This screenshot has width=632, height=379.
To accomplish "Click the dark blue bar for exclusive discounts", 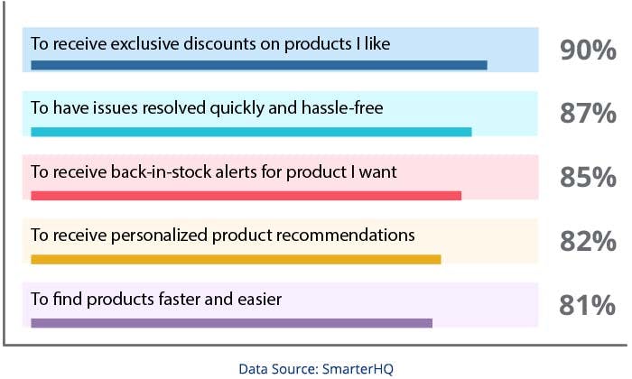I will coord(258,65).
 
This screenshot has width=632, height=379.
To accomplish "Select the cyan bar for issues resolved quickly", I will coord(251,132).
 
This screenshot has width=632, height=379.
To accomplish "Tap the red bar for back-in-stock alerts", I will coord(246,195).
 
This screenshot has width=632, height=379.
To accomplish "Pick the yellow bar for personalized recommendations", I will coord(236,259).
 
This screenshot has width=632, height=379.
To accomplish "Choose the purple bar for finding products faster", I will coord(231,323).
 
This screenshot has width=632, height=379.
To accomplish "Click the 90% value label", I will coord(587,51).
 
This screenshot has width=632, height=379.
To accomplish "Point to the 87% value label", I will coord(587,115).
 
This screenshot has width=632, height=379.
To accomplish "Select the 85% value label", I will coord(587,178).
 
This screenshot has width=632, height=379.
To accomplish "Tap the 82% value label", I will coord(587,242).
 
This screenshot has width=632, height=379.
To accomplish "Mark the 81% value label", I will coord(587,306).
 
